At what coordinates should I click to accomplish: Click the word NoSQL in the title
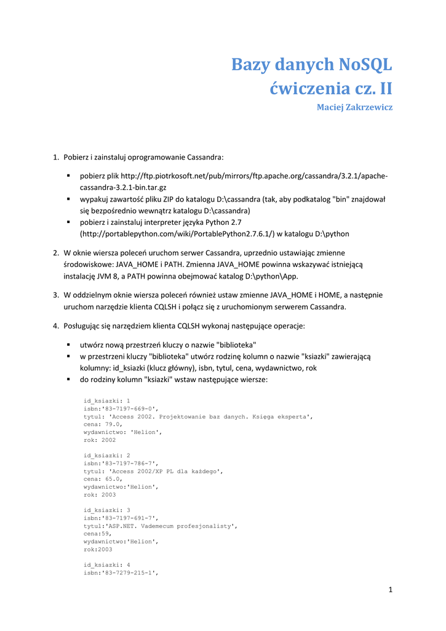(x=362, y=65)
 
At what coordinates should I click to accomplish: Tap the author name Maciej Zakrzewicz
(x=354, y=107)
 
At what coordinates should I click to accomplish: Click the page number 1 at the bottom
(x=390, y=590)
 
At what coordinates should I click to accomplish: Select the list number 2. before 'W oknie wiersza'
(x=56, y=253)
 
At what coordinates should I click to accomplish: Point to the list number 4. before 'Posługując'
(x=56, y=325)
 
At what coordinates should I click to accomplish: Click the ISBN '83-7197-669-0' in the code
(x=129, y=409)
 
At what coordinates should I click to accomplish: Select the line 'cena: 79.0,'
(x=103, y=424)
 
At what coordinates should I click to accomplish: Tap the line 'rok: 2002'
(x=100, y=440)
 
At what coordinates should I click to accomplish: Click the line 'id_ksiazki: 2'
(x=107, y=455)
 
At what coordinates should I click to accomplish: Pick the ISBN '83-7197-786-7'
(x=129, y=463)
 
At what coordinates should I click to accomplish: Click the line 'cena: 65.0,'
(x=103, y=479)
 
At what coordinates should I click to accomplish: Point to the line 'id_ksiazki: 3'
(x=107, y=510)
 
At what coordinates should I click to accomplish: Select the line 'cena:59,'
(x=98, y=534)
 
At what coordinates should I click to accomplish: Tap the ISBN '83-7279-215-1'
(x=129, y=573)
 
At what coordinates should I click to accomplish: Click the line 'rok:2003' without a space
(x=98, y=549)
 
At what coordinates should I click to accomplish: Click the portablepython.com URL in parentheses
(x=177, y=234)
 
